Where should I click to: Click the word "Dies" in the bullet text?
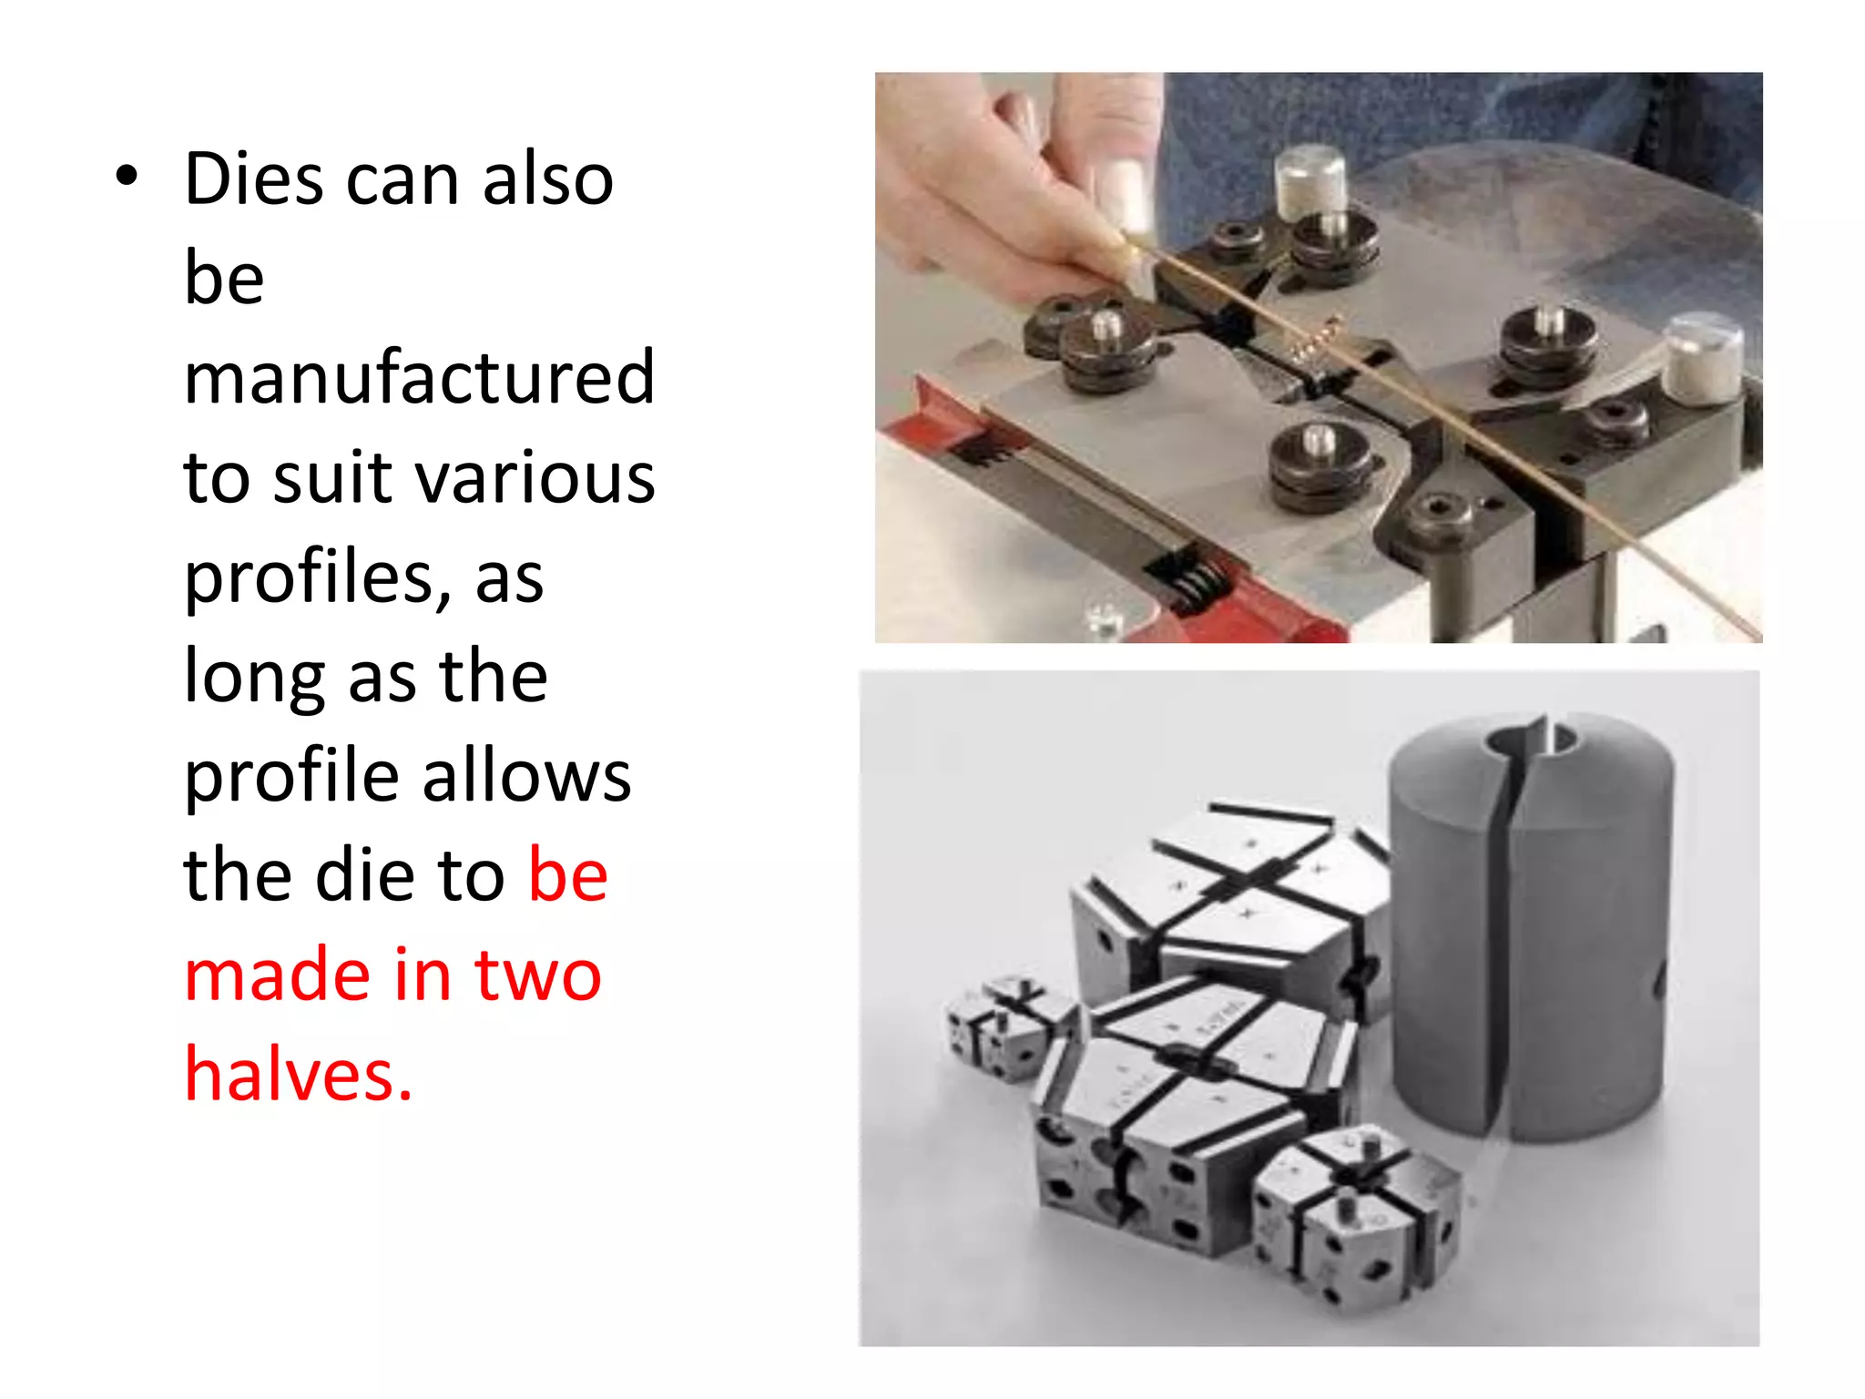253,179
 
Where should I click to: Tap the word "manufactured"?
419,377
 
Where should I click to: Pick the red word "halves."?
299,1075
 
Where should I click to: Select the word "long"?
254,678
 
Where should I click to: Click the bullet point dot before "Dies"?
127,177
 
